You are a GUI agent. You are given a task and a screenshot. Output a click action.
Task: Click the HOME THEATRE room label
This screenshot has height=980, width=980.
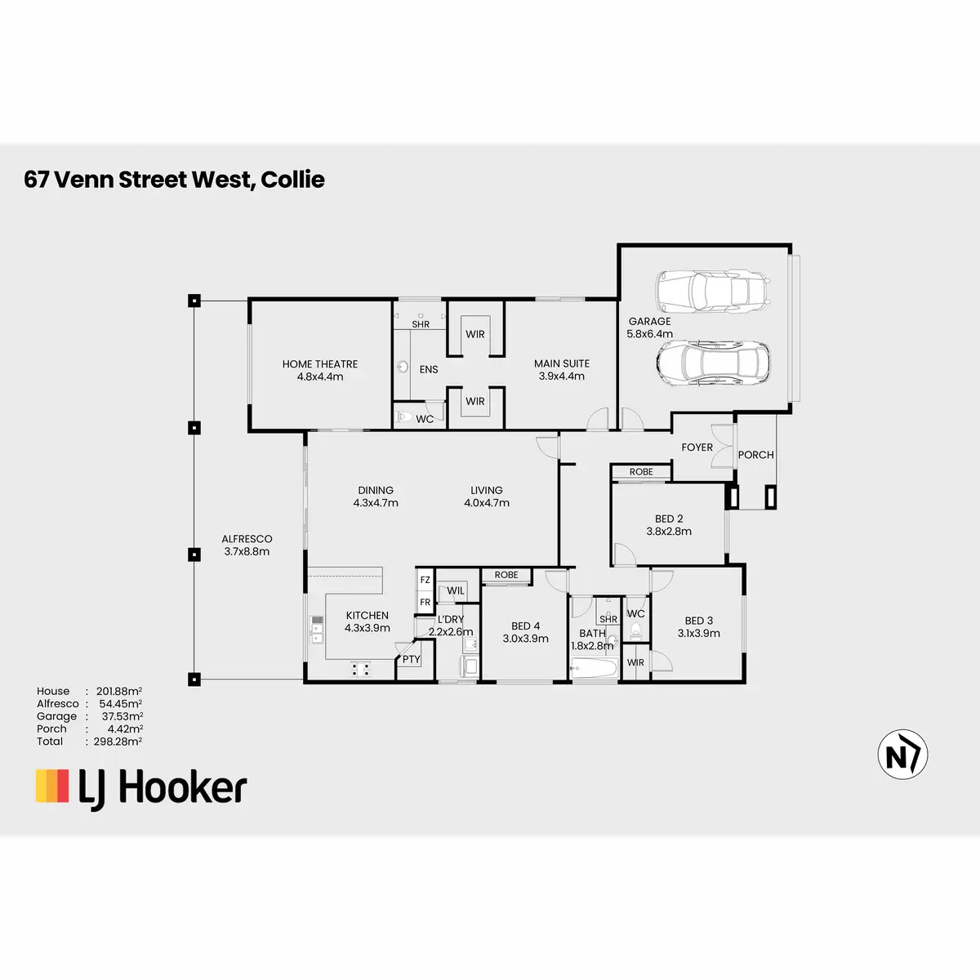point(320,370)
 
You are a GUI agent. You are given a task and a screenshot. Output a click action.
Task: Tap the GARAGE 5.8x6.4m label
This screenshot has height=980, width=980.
point(649,327)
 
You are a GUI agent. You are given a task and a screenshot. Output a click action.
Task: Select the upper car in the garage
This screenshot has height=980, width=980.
point(713,291)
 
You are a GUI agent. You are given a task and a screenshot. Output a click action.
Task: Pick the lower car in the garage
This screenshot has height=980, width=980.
point(713,363)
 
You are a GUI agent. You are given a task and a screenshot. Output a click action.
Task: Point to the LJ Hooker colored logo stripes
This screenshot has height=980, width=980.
point(52,786)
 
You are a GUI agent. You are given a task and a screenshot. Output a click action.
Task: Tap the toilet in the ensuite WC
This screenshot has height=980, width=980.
point(405,417)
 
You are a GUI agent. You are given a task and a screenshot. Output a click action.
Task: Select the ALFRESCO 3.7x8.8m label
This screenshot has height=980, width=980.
point(247,545)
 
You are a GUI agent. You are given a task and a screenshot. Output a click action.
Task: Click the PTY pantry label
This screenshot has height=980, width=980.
point(411,660)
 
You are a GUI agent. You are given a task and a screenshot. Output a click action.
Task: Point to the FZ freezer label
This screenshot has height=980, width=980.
point(425,580)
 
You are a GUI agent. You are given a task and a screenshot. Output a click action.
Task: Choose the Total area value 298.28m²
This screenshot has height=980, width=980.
point(118,741)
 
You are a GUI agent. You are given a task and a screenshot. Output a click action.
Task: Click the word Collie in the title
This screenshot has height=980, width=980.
point(292,180)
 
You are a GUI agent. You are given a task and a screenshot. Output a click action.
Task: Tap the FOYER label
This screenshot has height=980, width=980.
point(697,447)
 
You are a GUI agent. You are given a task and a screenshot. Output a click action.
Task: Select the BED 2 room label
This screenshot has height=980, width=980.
point(669,525)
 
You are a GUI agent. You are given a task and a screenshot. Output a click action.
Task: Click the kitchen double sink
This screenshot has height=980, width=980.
point(317,630)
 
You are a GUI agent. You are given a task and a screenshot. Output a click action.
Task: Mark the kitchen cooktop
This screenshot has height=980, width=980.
point(361,669)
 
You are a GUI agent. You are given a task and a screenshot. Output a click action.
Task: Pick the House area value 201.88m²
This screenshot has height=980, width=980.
point(119,691)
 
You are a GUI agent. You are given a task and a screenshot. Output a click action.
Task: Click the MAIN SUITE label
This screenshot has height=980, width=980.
point(561,370)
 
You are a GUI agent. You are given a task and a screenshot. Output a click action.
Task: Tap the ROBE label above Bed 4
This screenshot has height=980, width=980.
point(506,575)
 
